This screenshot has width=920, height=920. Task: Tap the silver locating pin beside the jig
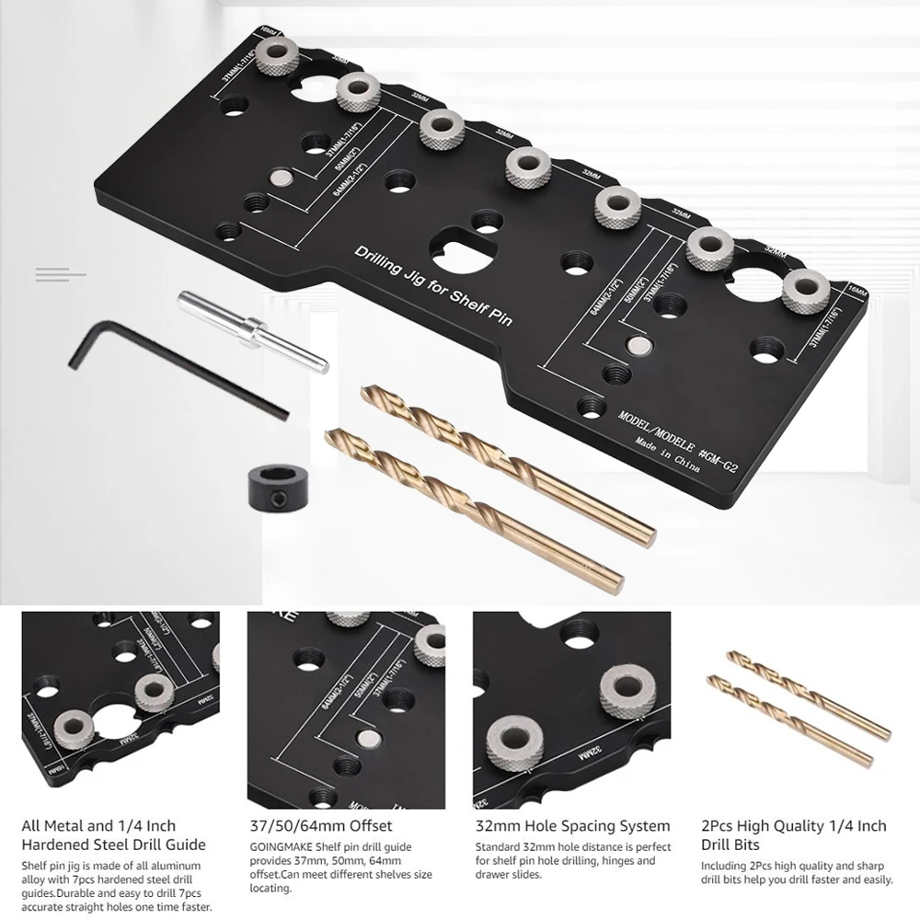pyautogui.click(x=251, y=328)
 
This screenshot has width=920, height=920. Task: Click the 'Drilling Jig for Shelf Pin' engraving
pyautogui.click(x=433, y=285)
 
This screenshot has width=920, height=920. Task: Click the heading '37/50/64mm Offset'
pyautogui.click(x=320, y=826)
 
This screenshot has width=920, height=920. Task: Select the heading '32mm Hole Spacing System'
pyautogui.click(x=573, y=826)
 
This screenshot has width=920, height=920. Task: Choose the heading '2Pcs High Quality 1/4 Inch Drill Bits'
pyautogui.click(x=794, y=834)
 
